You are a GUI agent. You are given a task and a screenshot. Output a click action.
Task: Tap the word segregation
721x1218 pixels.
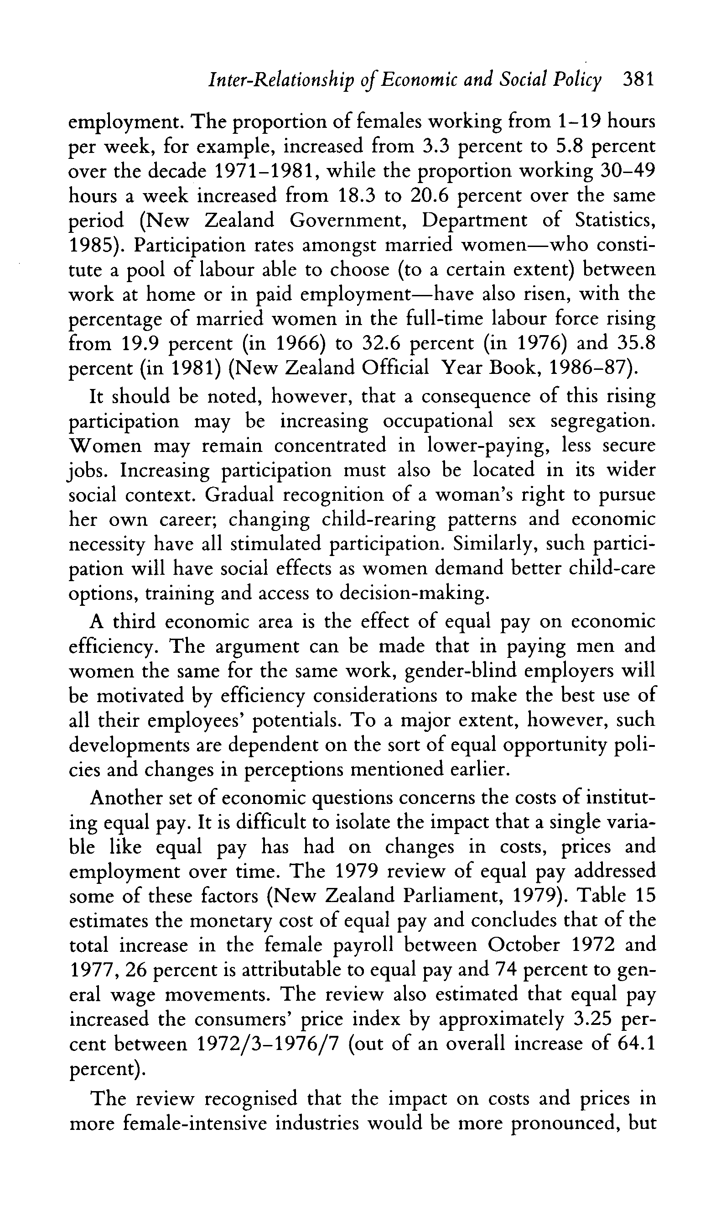[x=602, y=420]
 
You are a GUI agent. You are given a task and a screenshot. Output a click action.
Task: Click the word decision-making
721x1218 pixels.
[x=412, y=593]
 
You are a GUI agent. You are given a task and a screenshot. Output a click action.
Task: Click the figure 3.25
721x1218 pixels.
[x=593, y=1018]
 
